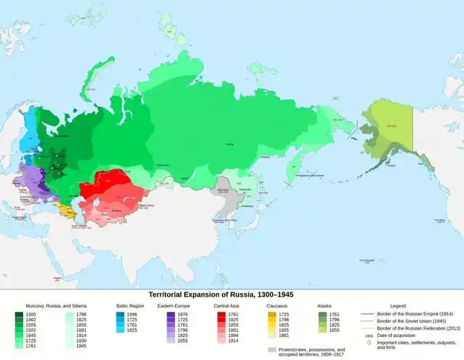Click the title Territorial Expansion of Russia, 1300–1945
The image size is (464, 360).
click(220, 295)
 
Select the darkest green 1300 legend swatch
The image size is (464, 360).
click(19, 315)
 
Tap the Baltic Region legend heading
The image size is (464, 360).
click(130, 306)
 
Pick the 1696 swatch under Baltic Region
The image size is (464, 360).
click(120, 315)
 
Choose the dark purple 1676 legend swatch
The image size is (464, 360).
click(170, 315)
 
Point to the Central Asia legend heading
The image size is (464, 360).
click(228, 306)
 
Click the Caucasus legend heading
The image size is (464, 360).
click(276, 306)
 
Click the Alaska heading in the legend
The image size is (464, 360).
click(325, 306)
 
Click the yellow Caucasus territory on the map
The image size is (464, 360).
click(69, 210)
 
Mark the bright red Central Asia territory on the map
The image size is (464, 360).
click(104, 187)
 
